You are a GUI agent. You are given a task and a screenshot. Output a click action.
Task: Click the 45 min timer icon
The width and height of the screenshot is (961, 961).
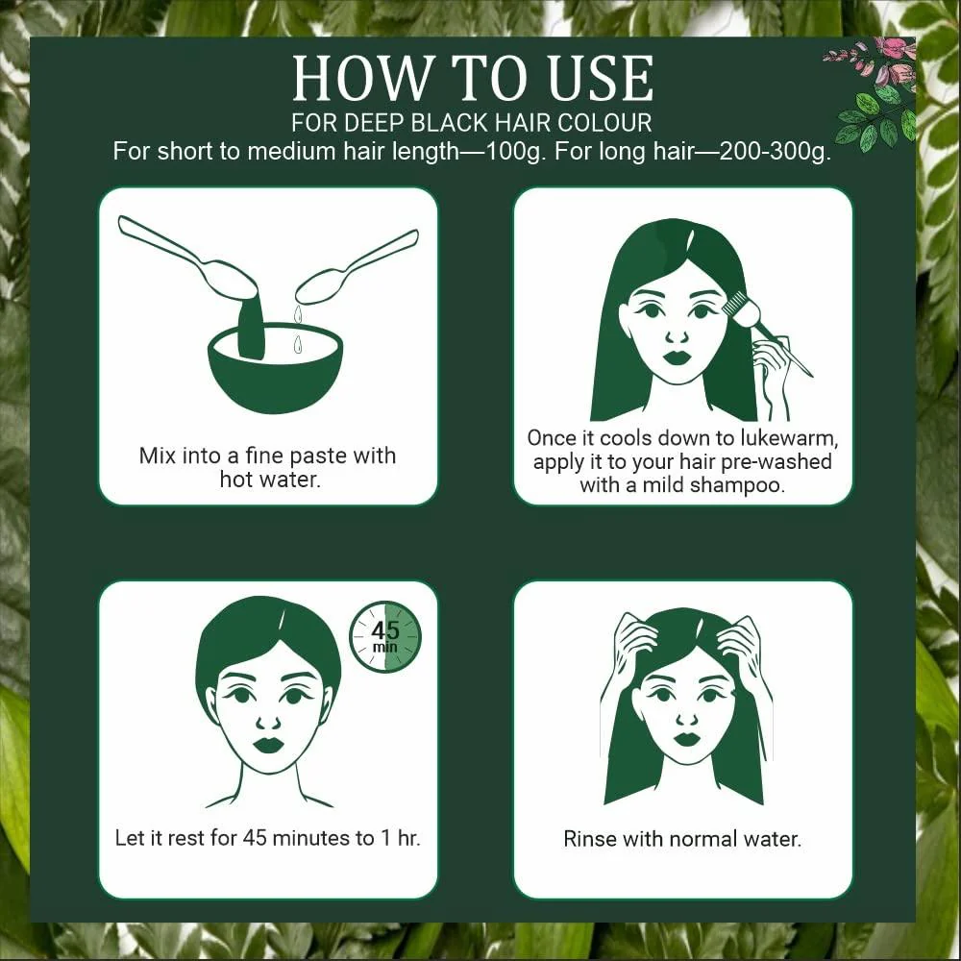click(x=385, y=636)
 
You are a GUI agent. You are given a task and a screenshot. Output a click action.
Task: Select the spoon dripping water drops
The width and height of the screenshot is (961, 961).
click(x=356, y=268)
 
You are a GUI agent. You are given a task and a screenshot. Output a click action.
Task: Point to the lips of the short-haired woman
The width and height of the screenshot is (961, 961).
click(x=268, y=745)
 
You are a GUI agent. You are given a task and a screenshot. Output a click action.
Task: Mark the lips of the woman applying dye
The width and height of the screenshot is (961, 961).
click(x=678, y=357)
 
